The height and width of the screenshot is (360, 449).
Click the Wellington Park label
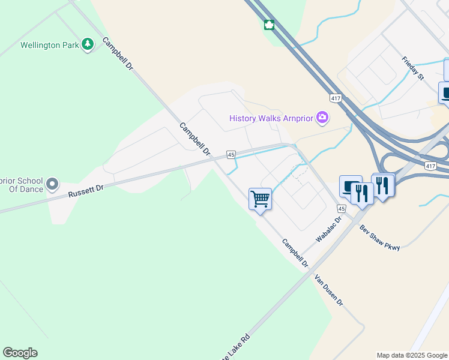pyautogui.click(x=50, y=45)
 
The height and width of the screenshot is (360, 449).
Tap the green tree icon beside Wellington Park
pyautogui.click(x=88, y=44)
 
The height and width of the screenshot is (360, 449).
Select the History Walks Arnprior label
pyautogui.click(x=271, y=118)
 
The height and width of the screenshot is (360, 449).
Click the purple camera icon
pyautogui.click(x=322, y=117)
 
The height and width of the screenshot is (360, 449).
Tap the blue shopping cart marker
pyautogui.click(x=260, y=198)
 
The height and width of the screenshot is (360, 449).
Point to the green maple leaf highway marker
pyautogui.click(x=269, y=25)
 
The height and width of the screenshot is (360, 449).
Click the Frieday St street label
pyautogui.click(x=413, y=68)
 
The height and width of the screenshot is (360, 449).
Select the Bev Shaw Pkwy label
pyautogui.click(x=379, y=238)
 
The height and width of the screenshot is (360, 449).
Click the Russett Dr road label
pyautogui.click(x=86, y=191)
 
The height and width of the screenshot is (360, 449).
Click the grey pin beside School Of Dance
pyautogui.click(x=53, y=184)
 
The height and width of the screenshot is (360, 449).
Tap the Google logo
pyautogui.click(x=20, y=353)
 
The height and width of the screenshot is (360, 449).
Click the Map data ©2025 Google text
pyautogui.click(x=411, y=355)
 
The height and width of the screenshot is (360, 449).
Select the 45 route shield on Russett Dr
pyautogui.click(x=231, y=155)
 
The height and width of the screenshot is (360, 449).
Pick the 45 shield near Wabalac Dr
pyautogui.click(x=342, y=208)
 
